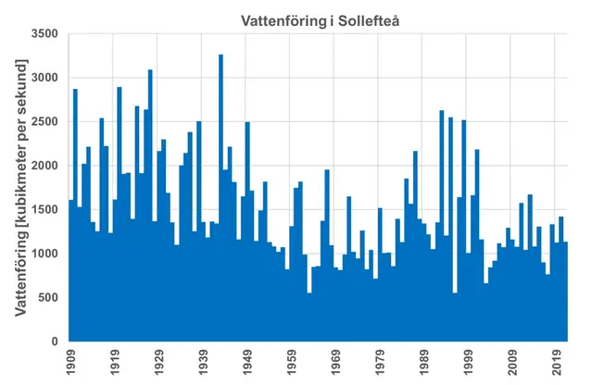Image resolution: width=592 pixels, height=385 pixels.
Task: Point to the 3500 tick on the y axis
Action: (x=43, y=34)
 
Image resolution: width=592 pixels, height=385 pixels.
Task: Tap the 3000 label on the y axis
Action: (x=43, y=78)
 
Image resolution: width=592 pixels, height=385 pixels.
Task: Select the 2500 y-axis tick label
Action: (x=43, y=122)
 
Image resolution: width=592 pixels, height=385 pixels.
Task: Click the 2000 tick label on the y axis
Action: (x=43, y=166)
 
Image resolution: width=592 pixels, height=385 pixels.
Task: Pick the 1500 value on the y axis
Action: (x=43, y=210)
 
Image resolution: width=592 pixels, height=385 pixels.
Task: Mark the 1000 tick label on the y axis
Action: (x=43, y=254)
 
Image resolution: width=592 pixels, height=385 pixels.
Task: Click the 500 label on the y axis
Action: (x=46, y=298)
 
